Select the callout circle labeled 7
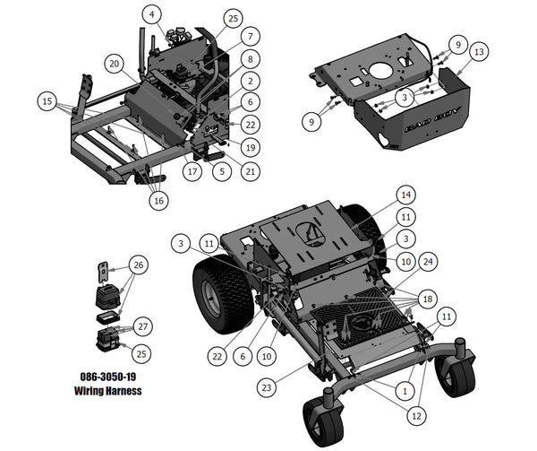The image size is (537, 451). pos(251,36)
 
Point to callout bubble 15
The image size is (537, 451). pos(47,102)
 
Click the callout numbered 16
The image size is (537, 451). pos(158,201)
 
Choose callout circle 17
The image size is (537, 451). pos(192,170)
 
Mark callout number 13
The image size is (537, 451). pos(479,52)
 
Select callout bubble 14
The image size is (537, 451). pos(405,195)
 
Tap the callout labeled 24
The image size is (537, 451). pos(430,261)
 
